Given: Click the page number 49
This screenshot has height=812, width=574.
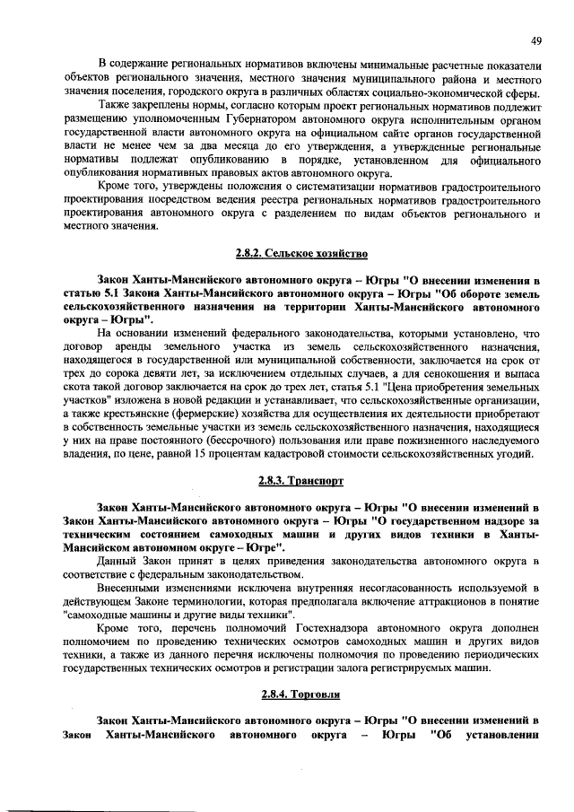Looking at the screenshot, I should coord(535,40).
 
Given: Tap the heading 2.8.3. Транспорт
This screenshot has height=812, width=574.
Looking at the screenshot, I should coord(300,481).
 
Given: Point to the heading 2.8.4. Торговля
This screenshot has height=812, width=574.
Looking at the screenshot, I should coord(300,694).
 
